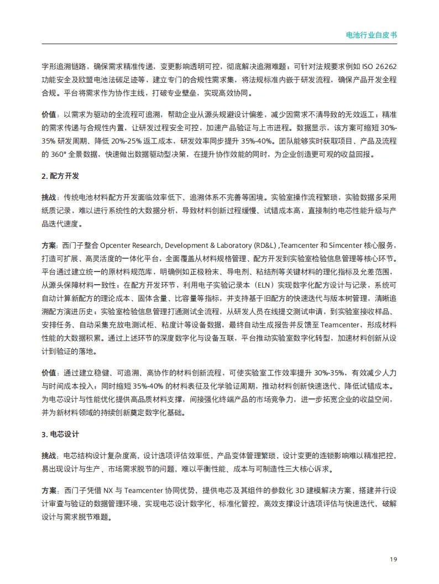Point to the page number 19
[393, 559]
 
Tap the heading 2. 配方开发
[61, 176]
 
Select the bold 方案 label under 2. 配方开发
[49, 245]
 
